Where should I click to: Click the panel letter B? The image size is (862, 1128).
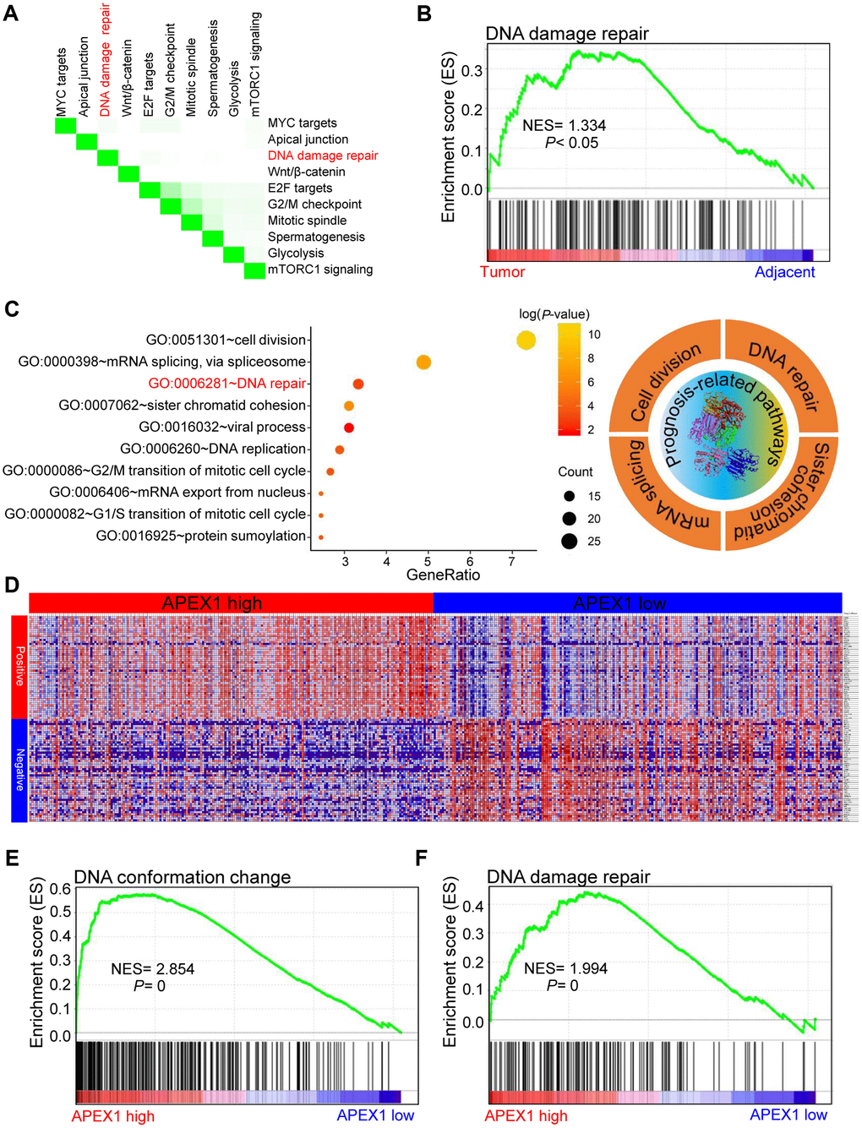point(424,14)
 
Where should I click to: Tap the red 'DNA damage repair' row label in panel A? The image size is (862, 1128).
point(323,155)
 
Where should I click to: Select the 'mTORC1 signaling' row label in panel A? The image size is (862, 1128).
point(319,270)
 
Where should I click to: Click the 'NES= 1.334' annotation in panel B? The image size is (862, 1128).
point(564,126)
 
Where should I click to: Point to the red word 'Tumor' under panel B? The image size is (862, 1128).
point(502,272)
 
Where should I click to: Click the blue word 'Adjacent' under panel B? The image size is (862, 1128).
point(784,272)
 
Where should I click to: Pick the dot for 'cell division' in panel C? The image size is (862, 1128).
point(526,341)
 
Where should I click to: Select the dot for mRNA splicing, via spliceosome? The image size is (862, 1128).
point(423,362)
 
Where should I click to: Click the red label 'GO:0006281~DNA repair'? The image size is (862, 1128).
point(226,384)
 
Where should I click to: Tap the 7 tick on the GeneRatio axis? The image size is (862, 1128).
point(511,561)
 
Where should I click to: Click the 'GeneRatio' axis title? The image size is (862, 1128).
point(443,575)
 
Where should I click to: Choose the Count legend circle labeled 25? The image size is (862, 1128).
point(569,541)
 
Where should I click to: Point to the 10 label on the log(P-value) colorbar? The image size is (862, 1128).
point(594,335)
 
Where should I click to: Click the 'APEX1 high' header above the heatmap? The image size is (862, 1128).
point(212,603)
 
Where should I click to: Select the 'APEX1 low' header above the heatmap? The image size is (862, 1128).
point(619,603)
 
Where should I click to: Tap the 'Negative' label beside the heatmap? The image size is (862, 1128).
point(19,770)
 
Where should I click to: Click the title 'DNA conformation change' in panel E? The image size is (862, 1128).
point(183,877)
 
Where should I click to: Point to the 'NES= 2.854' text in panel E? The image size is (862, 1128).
point(152,969)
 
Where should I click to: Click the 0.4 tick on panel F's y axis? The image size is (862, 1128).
point(473,907)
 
